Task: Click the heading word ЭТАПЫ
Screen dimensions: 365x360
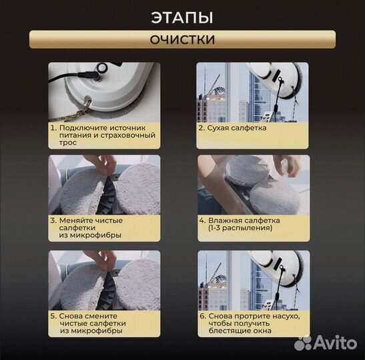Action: click(182, 18)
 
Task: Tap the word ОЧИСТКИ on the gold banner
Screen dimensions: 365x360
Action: click(182, 39)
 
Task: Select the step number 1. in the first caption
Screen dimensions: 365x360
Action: click(54, 128)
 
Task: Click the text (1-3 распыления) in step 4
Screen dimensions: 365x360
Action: click(240, 228)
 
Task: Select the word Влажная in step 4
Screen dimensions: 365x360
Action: click(223, 220)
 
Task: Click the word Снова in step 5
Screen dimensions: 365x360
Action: click(70, 316)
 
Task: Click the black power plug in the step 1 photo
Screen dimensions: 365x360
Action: click(89, 75)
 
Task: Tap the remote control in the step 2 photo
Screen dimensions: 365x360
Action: click(267, 116)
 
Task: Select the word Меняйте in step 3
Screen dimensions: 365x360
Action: click(74, 220)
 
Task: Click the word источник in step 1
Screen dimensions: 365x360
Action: click(127, 128)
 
